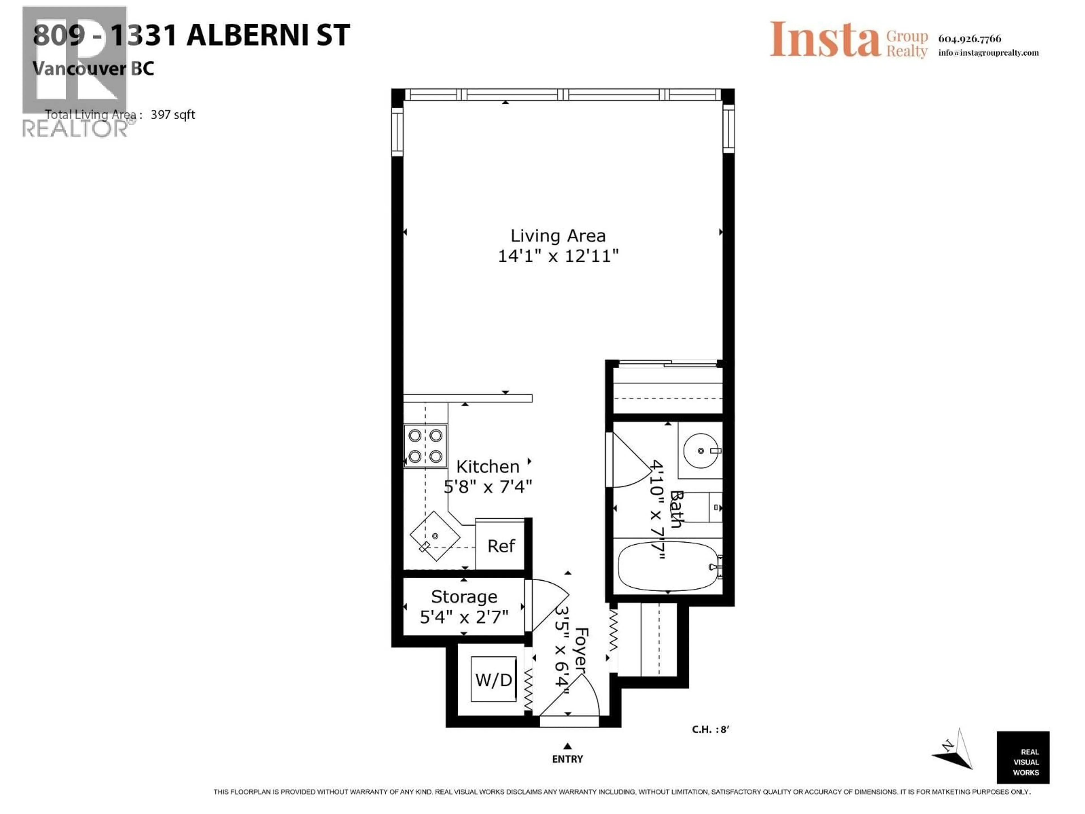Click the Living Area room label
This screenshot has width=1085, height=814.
[558, 236]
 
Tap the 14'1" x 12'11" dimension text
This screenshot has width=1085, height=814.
[558, 256]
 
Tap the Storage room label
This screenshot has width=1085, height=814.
[464, 597]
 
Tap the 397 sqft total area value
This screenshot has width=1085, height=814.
[173, 115]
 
